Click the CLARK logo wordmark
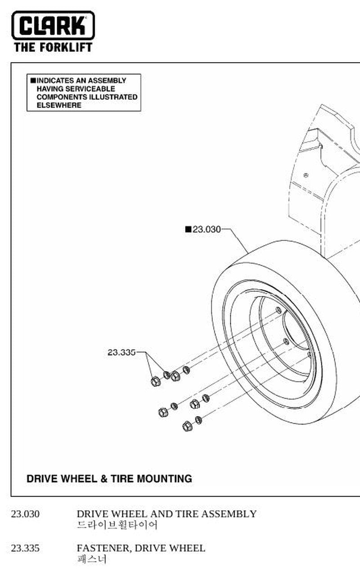point(53,25)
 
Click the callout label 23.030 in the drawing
point(207,229)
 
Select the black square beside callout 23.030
point(189,229)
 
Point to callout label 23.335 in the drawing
point(121,353)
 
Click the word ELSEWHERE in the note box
point(59,105)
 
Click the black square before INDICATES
point(33,80)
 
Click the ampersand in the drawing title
point(104,479)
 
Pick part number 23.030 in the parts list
point(25,514)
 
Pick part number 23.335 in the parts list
point(25,548)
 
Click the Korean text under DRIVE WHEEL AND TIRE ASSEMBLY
point(117,525)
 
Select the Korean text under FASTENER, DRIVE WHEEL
point(92,559)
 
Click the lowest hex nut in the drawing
point(187,426)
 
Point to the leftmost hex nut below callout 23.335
point(156,381)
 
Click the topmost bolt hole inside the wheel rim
point(279,310)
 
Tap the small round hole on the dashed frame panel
point(306,175)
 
